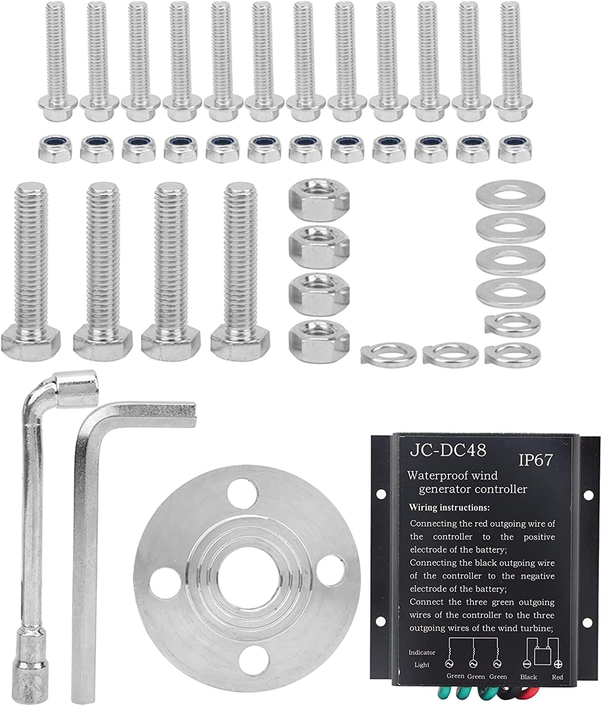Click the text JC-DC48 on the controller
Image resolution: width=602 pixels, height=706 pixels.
pos(447,450)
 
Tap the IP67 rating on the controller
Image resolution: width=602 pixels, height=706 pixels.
pos(536,460)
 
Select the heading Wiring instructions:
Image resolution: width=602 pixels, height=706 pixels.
pos(449,508)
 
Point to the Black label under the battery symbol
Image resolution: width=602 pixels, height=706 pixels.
pos(528,677)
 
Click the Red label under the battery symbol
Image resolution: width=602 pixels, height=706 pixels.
pos(557,677)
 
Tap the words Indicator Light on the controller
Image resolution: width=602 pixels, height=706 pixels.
pos(422,658)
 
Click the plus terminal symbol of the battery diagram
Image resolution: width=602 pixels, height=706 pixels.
pos(558,665)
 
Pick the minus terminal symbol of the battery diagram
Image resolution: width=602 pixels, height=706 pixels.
pos(527,665)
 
